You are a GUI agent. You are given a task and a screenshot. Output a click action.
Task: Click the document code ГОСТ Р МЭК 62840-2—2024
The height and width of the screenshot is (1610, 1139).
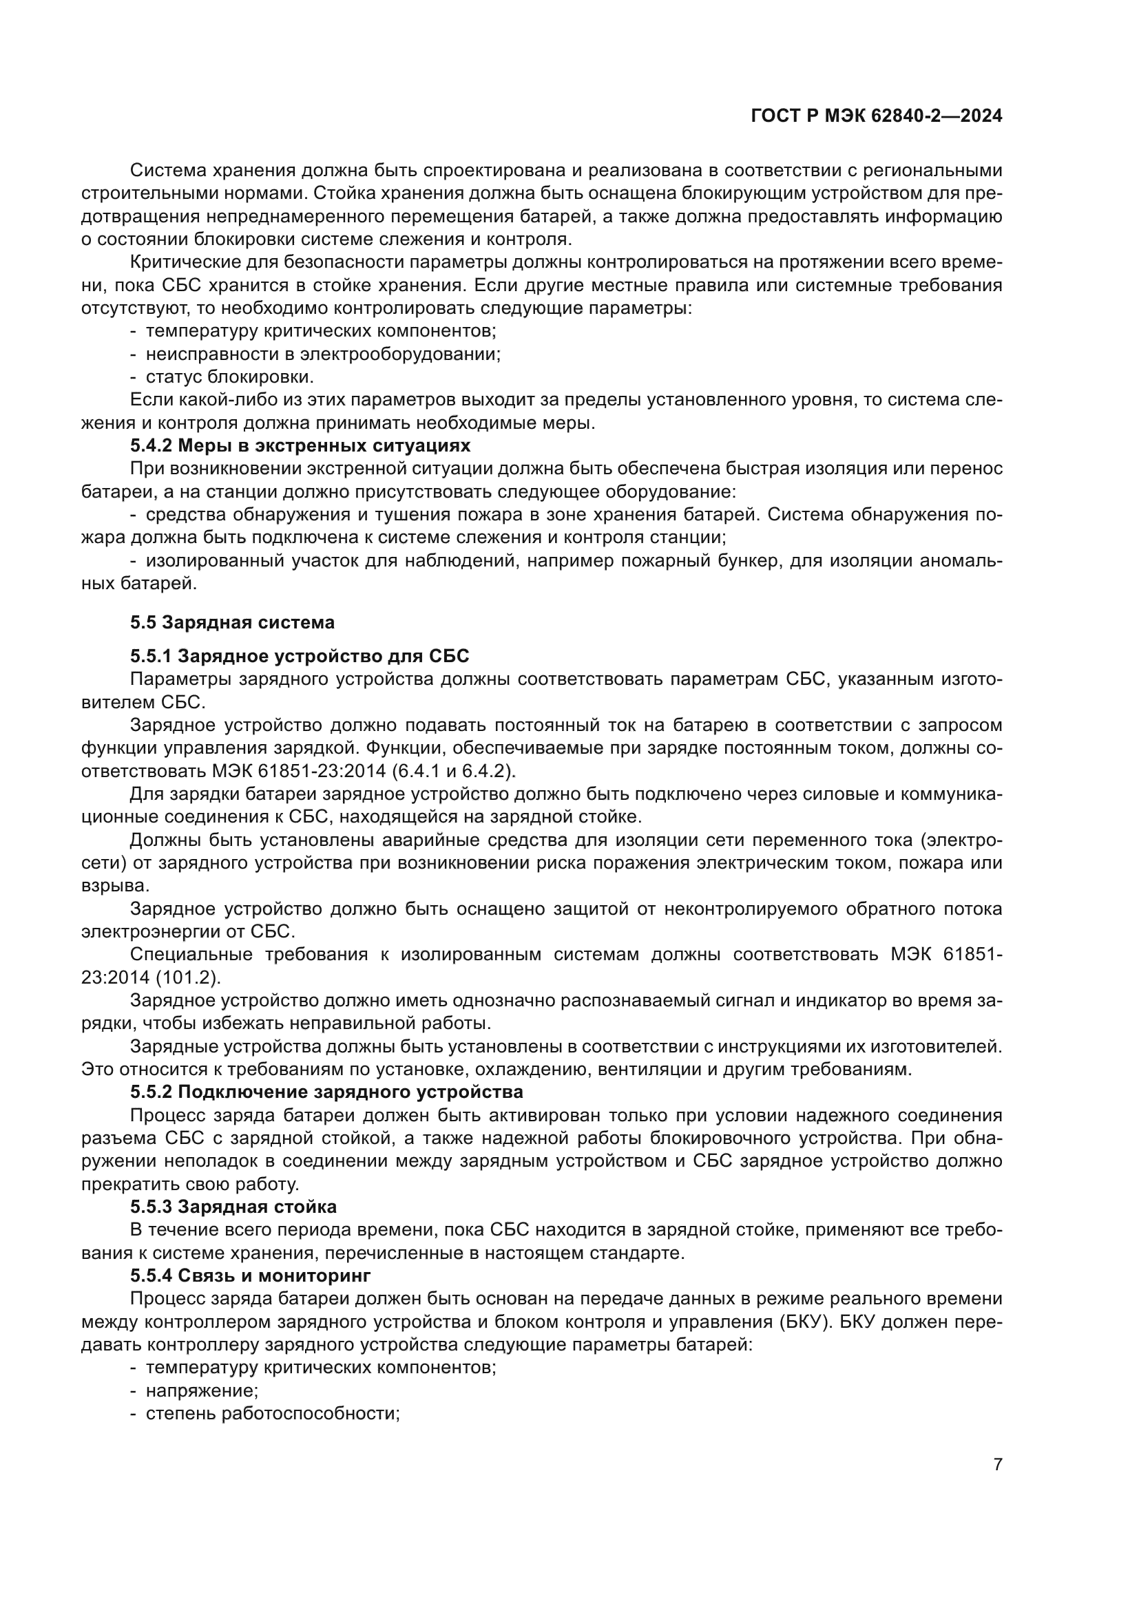pyautogui.click(x=876, y=116)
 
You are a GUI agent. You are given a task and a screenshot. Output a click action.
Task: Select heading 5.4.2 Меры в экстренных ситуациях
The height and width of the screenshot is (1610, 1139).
pyautogui.click(x=300, y=446)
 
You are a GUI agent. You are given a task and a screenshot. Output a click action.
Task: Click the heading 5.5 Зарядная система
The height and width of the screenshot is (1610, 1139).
pyautogui.click(x=232, y=622)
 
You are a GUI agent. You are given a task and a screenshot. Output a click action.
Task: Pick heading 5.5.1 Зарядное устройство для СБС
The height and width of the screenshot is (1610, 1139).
pyautogui.click(x=300, y=657)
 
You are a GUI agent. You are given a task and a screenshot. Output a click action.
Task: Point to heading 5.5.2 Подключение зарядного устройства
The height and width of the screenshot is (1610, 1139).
pyautogui.click(x=326, y=1092)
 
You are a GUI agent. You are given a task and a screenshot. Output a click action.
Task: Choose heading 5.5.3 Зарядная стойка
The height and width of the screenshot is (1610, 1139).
pyautogui.click(x=233, y=1207)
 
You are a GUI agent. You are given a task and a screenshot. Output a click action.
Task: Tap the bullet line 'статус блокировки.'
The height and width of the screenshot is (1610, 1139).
pyautogui.click(x=229, y=377)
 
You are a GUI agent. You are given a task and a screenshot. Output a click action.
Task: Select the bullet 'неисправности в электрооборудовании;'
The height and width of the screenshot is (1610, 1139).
pyautogui.click(x=322, y=354)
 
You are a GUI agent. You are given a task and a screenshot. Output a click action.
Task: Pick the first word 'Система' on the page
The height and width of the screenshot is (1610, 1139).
pyautogui.click(x=166, y=171)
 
